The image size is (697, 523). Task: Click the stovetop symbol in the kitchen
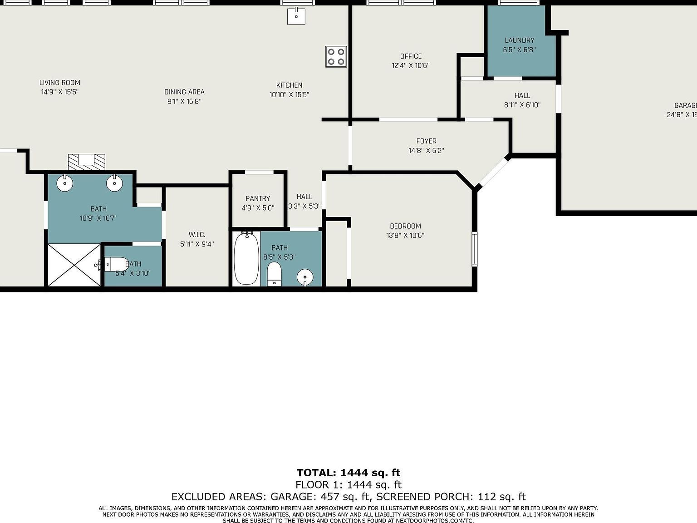[x=336, y=57]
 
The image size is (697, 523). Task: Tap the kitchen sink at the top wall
[x=296, y=16]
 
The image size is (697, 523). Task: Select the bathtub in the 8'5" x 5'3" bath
[x=246, y=259]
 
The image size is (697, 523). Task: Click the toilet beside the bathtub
[x=274, y=274]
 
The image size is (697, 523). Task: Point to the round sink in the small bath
[x=305, y=276]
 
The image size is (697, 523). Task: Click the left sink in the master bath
[x=65, y=183]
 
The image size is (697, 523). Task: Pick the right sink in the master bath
[x=114, y=183]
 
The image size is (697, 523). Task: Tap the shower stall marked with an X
[x=74, y=265]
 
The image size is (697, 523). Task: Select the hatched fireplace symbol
[x=86, y=162]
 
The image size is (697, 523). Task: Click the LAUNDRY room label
[x=519, y=40]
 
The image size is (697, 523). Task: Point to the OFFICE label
[x=411, y=56]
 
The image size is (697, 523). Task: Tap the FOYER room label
[x=426, y=141]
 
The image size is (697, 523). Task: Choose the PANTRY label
[x=258, y=198]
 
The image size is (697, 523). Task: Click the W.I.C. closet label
[x=197, y=235]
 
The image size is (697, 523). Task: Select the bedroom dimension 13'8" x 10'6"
[x=405, y=235]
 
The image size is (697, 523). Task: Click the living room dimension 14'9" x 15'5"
[x=59, y=92]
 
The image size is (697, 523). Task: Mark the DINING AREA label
[x=184, y=92]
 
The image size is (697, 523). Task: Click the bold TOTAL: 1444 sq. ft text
[x=348, y=473]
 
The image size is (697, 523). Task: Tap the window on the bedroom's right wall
[x=474, y=248]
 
